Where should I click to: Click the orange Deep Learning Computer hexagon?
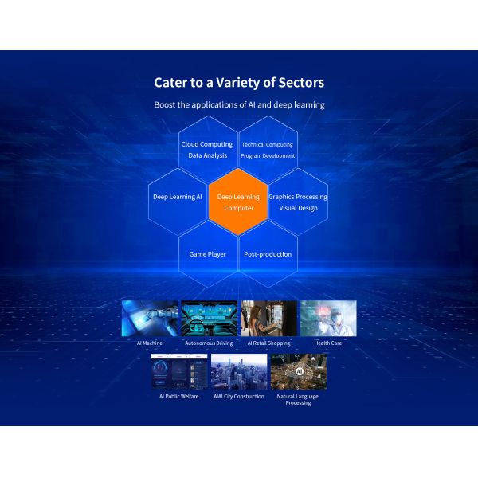238,202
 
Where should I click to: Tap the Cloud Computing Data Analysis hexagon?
208,150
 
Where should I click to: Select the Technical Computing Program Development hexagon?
268,150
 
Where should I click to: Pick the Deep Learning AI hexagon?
178,196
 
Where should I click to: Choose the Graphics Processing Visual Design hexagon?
297,202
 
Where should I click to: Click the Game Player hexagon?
208,254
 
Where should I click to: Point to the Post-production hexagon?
268,254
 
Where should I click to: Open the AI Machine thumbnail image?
150,318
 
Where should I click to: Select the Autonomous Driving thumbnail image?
209,318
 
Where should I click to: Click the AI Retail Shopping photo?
268,318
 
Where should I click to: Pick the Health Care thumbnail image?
328,318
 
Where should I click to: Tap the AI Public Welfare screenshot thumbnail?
179,372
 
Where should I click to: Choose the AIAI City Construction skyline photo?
239,372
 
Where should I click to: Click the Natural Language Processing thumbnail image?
298,372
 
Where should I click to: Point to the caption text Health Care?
328,343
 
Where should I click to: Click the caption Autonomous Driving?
209,343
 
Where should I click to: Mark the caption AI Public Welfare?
179,396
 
